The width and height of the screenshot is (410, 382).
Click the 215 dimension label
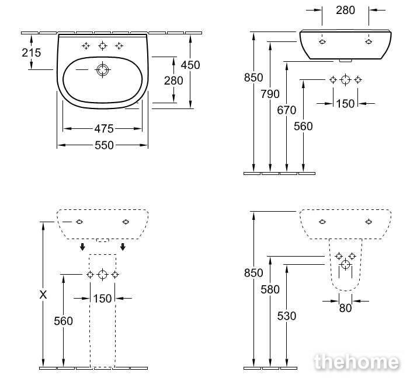pyautogui.click(x=32, y=52)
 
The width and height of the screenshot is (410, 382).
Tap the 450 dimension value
pyautogui.click(x=190, y=65)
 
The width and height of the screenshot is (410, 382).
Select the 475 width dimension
pyautogui.click(x=104, y=129)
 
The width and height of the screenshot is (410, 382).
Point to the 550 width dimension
pyautogui.click(x=104, y=145)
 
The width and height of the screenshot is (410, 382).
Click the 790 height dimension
pyautogui.click(x=270, y=94)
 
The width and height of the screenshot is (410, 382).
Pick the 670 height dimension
pyautogui.click(x=287, y=110)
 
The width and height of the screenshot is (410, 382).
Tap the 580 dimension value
pyautogui.click(x=270, y=289)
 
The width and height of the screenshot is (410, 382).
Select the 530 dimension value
pyautogui.click(x=287, y=316)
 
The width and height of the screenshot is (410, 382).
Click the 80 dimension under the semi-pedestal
pyautogui.click(x=345, y=309)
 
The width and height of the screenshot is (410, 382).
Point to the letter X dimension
pyautogui.click(x=43, y=295)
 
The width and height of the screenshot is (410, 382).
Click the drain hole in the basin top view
pyautogui.click(x=103, y=70)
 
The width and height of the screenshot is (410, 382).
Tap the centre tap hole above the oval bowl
pyautogui.click(x=103, y=46)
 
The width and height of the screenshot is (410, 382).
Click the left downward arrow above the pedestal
pyautogui.click(x=82, y=247)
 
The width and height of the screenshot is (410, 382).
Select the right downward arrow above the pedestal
pyautogui.click(x=123, y=247)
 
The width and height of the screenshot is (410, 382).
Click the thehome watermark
pyautogui.click(x=357, y=362)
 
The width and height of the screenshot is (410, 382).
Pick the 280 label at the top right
pyautogui.click(x=345, y=10)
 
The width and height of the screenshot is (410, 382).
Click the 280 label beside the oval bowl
pyautogui.click(x=173, y=80)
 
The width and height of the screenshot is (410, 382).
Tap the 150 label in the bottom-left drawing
pyautogui.click(x=102, y=299)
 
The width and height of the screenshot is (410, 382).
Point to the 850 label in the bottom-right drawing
pyautogui.click(x=253, y=273)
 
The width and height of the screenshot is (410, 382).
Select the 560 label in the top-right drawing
pyautogui.click(x=303, y=127)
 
